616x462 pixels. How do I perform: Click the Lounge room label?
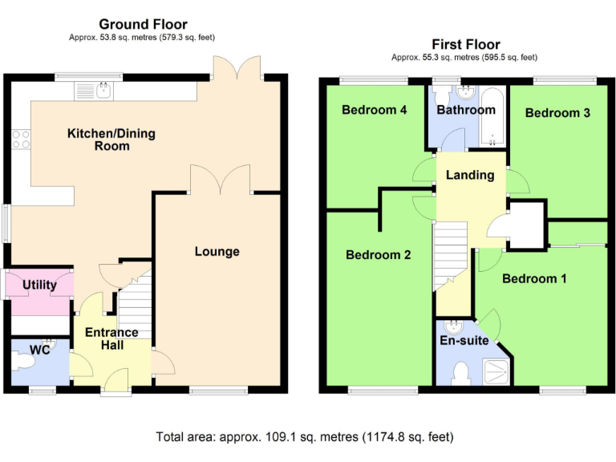217,251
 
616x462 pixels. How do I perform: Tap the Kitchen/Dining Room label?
111,140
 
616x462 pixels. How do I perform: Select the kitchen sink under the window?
94,91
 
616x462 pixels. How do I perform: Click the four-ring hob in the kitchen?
21,140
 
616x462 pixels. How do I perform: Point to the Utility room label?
39,285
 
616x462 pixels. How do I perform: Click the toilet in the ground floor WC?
23,361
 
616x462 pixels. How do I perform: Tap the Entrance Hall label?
112,338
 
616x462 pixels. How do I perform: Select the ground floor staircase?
135,305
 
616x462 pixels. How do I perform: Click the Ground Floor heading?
143,24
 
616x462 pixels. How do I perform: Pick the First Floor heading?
466,44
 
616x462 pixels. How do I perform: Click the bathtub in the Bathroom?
492,117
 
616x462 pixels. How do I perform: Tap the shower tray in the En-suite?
496,371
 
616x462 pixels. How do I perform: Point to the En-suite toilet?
461,373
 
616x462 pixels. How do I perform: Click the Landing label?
470,175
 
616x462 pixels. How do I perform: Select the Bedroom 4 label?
375,110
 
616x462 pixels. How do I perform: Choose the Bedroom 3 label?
558,113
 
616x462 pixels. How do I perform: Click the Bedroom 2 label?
379,255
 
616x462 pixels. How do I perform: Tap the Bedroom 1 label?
535,279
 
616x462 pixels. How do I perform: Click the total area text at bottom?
305,437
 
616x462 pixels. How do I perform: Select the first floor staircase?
450,256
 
